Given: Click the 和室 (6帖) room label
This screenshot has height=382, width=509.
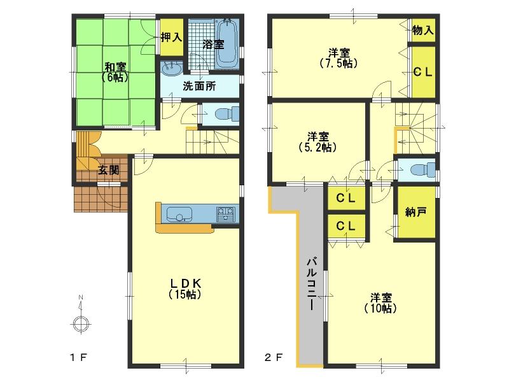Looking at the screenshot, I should pos(115,71).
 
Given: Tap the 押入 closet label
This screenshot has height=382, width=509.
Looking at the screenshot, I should pos(171,38).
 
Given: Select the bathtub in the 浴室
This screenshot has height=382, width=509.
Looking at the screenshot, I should pos(226,43).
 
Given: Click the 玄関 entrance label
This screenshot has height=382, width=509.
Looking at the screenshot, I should pos(108,170).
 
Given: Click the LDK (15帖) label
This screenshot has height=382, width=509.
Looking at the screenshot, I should pos(185,288).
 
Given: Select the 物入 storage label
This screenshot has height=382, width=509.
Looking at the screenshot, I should pos(423,30).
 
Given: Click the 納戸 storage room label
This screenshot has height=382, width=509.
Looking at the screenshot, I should pos(416,213).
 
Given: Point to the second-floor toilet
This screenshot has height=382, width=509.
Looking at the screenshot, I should pos(421,170).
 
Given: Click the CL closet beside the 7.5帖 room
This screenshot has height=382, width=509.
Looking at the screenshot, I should pos(423,72).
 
